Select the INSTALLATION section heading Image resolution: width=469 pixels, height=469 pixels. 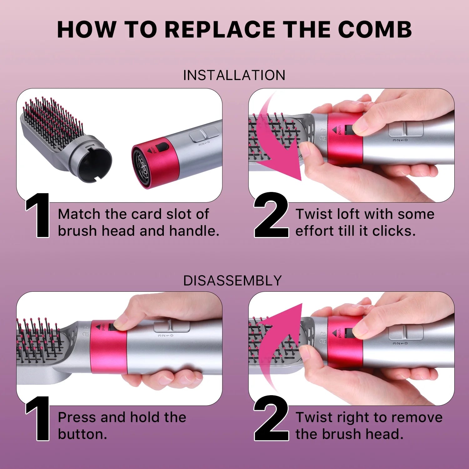pyautogui.click(x=234, y=75)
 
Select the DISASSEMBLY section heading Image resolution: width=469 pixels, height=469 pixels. pyautogui.click(x=233, y=280)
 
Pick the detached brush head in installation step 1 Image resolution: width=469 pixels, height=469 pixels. pyautogui.click(x=63, y=134)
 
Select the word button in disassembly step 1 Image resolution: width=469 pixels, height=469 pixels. pyautogui.click(x=82, y=434)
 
